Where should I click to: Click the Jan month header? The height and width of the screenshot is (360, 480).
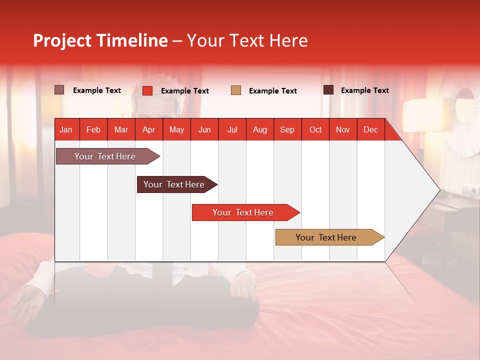pos(66,129)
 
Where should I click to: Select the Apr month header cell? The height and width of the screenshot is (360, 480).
pos(148,129)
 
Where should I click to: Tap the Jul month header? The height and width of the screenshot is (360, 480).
pos(232,129)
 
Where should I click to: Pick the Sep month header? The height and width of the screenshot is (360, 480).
pos(287,129)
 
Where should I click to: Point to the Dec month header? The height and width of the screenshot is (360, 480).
pos(370,129)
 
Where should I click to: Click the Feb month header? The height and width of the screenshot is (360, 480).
pos(93,129)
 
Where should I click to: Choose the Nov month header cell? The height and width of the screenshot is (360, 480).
pos(343,129)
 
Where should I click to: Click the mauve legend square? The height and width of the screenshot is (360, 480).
pos(59,90)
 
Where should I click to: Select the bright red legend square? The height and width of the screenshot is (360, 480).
pos(147,90)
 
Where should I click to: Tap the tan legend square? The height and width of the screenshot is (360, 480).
pos(236,90)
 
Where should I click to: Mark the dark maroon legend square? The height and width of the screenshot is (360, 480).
pos(328,90)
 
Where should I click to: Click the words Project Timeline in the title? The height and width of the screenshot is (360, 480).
pos(100,40)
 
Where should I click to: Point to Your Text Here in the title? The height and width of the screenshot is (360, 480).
pos(247,40)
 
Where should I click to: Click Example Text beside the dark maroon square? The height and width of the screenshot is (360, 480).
pos(364,90)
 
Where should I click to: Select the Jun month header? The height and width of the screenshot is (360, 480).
pos(204,129)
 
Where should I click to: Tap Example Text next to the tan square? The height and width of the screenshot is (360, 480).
pos(272,91)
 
